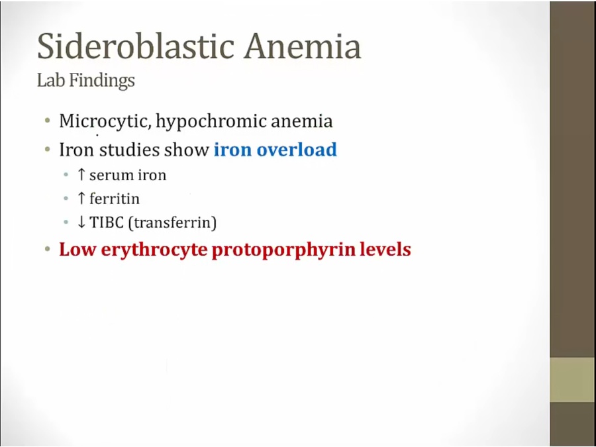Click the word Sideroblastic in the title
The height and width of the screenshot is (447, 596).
coord(136,46)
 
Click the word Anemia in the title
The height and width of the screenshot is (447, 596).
coord(303,46)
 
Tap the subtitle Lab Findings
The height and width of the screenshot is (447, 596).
coord(86,80)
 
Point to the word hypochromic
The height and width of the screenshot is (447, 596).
coord(211,122)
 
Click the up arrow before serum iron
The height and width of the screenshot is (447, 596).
coord(81,175)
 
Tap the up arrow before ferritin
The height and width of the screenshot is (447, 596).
coord(81,199)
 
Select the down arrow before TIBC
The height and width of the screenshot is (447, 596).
coord(81,223)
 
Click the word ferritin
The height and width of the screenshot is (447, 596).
coord(115,199)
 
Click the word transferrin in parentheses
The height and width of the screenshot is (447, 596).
coord(173,223)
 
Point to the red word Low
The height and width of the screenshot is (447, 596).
coord(77,250)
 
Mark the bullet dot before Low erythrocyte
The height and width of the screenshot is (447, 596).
coord(48,250)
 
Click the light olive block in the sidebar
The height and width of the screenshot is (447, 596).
coord(573,379)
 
